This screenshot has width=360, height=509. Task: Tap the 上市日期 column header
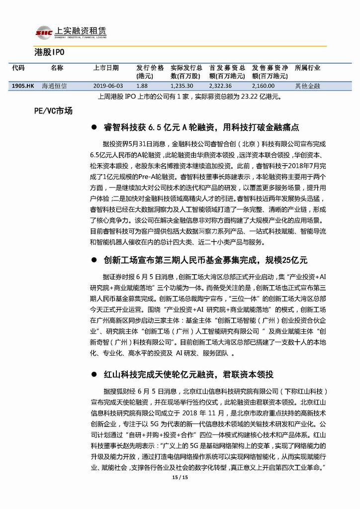coord(106,68)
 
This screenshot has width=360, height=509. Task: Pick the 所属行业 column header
coord(308,68)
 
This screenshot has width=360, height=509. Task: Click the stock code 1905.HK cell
coord(23,86)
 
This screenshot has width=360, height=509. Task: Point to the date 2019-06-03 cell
coord(108,86)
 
